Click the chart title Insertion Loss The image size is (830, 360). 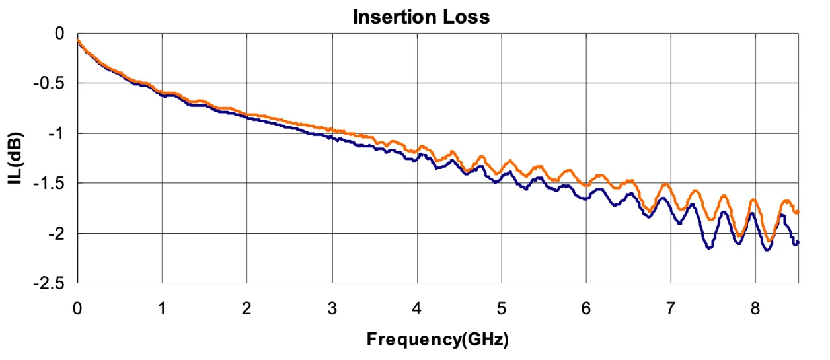[x=421, y=17]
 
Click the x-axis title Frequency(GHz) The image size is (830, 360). [x=437, y=340]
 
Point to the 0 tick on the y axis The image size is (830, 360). [x=59, y=33]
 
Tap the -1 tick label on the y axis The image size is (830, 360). [x=57, y=133]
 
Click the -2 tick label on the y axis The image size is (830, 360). [x=57, y=233]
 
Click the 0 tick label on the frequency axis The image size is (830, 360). [x=77, y=308]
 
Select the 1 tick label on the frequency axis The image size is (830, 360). [x=162, y=308]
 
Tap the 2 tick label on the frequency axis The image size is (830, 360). [x=247, y=308]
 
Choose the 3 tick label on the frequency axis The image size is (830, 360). [x=332, y=308]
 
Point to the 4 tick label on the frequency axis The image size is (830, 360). [x=416, y=308]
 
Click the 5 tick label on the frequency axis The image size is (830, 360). [x=502, y=308]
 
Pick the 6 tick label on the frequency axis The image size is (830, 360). [x=586, y=308]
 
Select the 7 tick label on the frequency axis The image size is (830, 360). [x=671, y=308]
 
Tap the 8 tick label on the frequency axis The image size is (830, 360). [x=756, y=308]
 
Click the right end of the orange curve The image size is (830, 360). [x=798, y=211]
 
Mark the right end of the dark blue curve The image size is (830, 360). [x=798, y=242]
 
